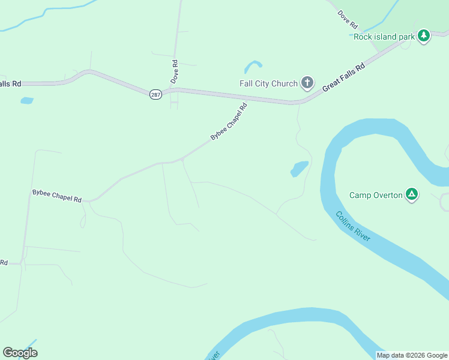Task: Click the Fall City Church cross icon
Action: tap(307, 83)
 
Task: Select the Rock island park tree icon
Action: tap(424, 36)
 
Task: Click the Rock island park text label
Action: tap(384, 37)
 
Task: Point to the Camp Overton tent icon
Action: tap(412, 194)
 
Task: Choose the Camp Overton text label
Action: tap(376, 195)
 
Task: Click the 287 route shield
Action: tap(155, 94)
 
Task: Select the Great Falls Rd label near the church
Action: tap(343, 77)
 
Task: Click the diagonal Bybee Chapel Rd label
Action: tap(229, 123)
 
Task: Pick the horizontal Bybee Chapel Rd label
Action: tap(56, 195)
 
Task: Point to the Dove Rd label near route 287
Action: tap(175, 71)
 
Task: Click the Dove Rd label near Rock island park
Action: tap(348, 20)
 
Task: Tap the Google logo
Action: tap(20, 352)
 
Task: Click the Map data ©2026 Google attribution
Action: tap(412, 355)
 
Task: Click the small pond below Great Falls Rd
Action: tap(299, 169)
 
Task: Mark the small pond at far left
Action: tap(26, 100)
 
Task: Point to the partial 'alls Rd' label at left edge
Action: tap(10, 84)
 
